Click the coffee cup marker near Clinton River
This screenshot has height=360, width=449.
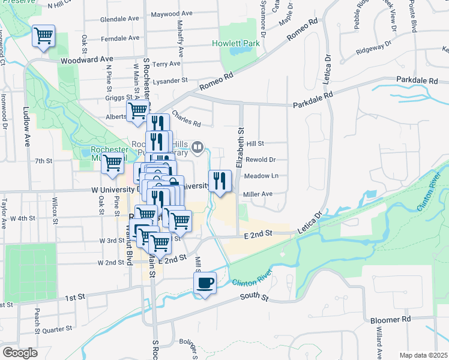[205, 283]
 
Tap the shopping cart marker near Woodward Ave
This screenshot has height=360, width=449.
[43, 35]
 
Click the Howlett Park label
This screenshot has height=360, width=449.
[236, 43]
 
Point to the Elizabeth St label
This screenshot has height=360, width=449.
[240, 147]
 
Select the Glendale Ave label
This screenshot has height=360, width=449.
[119, 19]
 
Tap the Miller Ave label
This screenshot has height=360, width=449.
[258, 194]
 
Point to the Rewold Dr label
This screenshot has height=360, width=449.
[261, 160]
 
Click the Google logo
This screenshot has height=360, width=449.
[20, 353]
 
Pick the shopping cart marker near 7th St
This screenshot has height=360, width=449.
[112, 163]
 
